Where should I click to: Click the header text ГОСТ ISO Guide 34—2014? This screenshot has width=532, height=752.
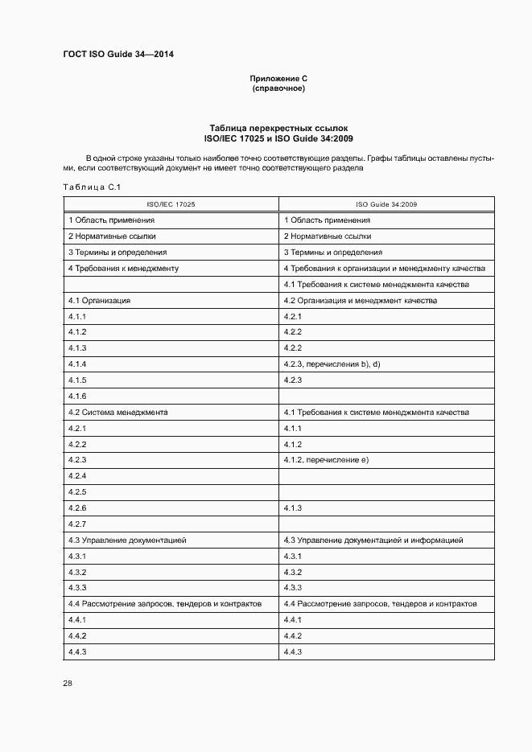pos(118,55)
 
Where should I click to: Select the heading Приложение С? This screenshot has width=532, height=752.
pos(278,79)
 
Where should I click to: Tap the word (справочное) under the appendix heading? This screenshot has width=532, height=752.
pos(278,88)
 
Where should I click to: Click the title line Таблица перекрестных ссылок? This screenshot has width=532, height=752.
pos(278,128)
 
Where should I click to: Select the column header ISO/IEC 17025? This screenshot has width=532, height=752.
pos(171,204)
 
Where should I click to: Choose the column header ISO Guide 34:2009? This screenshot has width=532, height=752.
pos(386,204)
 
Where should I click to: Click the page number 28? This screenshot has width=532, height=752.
pos(68,683)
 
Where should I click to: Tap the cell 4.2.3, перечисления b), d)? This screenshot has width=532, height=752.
pos(332,364)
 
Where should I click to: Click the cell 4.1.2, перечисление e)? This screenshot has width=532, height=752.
pos(326,460)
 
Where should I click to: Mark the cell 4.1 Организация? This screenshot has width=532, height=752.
pos(100,300)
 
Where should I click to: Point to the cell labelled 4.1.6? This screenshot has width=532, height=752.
pos(77,397)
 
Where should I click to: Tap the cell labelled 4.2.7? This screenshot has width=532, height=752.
pos(77,524)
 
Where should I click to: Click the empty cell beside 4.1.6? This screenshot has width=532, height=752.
pos(386,397)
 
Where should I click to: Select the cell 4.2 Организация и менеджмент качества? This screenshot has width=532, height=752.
pos(360,300)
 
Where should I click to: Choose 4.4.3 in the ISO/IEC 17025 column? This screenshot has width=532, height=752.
pos(77,651)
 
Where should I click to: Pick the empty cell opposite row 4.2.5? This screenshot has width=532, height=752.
pos(386,491)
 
